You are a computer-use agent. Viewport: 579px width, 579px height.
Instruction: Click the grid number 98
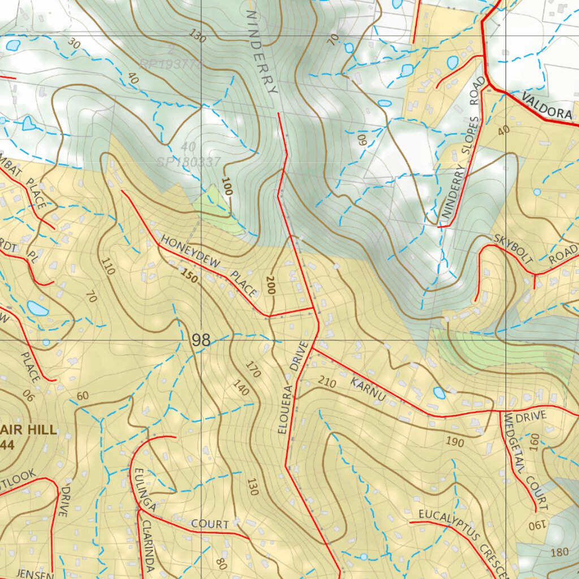coord(201,340)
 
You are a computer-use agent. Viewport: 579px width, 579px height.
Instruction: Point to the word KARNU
coord(368,390)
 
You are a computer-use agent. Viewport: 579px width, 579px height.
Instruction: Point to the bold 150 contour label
coord(189,276)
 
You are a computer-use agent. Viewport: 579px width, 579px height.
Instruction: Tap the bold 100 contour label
coord(226,185)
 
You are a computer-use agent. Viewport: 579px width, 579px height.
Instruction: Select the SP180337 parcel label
coord(188,162)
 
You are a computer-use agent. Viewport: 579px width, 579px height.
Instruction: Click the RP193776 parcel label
coord(171,64)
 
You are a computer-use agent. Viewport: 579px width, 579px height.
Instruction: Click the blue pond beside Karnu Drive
coord(439,392)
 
